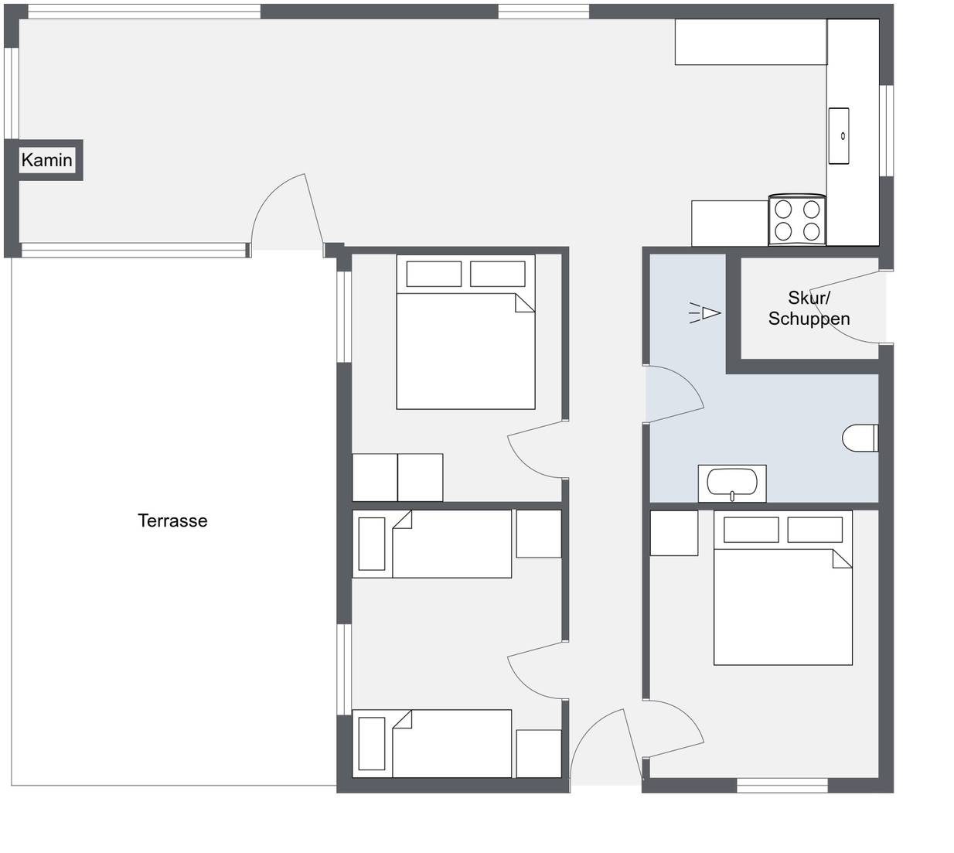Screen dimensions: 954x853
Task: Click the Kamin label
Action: [x=46, y=160]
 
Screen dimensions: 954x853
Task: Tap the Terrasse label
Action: [x=172, y=521]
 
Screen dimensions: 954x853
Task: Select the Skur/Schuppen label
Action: [x=809, y=308]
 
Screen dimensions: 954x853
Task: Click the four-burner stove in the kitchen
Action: [x=797, y=220]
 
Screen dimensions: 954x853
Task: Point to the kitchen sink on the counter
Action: [x=839, y=136]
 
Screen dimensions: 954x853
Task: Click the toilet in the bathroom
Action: [x=860, y=438]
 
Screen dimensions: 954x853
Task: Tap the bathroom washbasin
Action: [x=732, y=484]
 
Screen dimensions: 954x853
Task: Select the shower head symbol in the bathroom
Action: [x=705, y=313]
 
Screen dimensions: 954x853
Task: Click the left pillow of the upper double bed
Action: [x=434, y=274]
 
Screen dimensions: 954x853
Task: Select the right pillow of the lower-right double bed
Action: [x=815, y=530]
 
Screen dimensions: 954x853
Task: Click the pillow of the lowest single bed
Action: [x=372, y=744]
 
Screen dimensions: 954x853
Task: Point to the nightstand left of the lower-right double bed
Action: [x=674, y=533]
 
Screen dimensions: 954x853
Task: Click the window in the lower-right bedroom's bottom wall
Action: [x=782, y=785]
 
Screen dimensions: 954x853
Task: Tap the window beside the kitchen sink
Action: [x=886, y=131]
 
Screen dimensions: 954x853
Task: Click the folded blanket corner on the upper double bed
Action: [x=525, y=303]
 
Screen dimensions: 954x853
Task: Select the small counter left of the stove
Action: [x=730, y=223]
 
